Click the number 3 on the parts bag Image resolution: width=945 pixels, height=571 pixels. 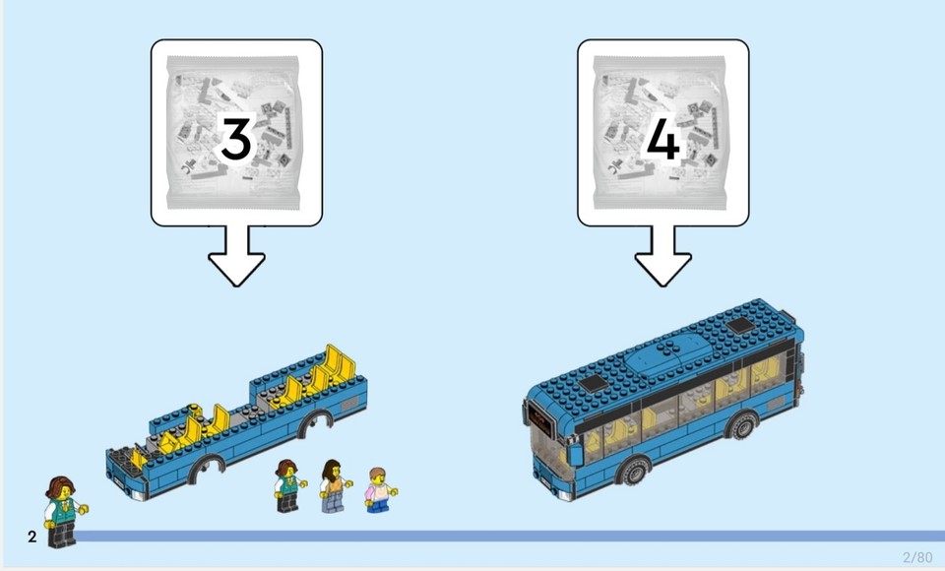tap(235, 140)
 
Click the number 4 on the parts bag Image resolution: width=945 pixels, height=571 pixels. tap(661, 140)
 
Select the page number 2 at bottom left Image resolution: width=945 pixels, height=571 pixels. tap(32, 538)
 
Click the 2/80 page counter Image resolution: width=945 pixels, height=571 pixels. tap(916, 557)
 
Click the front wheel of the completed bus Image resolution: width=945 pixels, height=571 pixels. tap(632, 472)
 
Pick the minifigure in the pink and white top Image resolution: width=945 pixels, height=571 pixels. tap(377, 490)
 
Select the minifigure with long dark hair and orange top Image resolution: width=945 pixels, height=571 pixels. tap(334, 485)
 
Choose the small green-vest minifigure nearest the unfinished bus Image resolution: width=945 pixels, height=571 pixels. tap(287, 485)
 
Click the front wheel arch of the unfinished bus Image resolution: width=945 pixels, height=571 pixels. tap(207, 464)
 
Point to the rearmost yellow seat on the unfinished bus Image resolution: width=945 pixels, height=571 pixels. tap(342, 363)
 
